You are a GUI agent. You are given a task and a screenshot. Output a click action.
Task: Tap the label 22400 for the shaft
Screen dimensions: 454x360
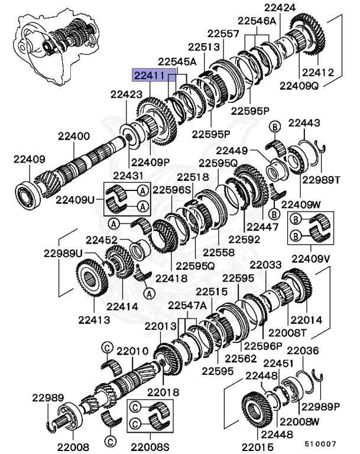click(x=73, y=136)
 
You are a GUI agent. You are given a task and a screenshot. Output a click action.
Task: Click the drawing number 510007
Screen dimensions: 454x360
click(x=320, y=443)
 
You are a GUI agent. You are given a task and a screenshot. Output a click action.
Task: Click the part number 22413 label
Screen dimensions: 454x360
click(x=93, y=319)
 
